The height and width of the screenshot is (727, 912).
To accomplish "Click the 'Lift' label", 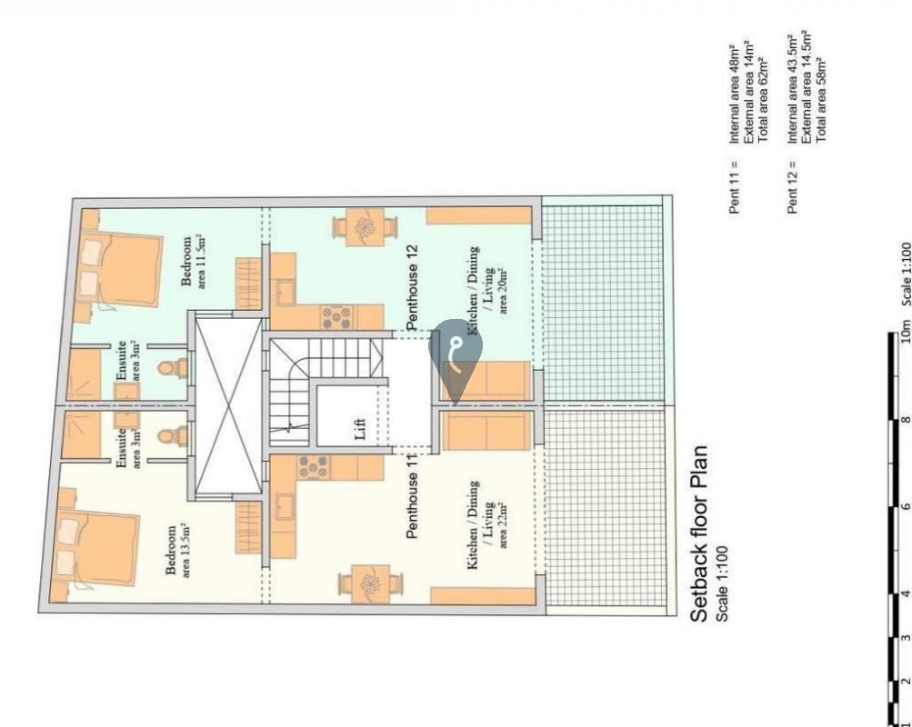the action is (360, 429).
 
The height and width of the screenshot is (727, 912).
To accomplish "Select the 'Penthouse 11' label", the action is (412, 496).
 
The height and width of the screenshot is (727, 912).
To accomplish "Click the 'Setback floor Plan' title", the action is (699, 533).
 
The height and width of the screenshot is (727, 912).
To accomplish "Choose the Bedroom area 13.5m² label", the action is (178, 551).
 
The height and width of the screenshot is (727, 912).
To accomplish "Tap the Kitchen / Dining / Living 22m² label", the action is (487, 524).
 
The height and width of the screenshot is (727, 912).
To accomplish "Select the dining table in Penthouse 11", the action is (370, 583).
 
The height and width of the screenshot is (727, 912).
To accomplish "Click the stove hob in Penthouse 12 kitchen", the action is (336, 317).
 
